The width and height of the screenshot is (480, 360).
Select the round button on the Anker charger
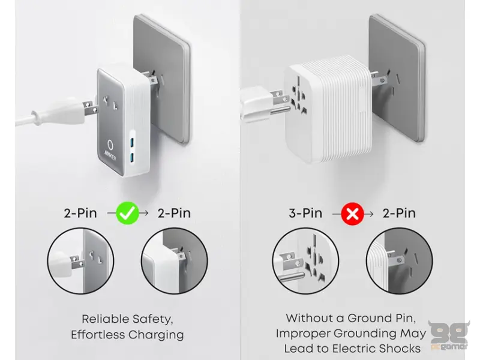[x=112, y=145]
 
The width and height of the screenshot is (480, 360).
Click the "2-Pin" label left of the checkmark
[x=84, y=212]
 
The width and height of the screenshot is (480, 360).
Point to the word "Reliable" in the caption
[x=104, y=319]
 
